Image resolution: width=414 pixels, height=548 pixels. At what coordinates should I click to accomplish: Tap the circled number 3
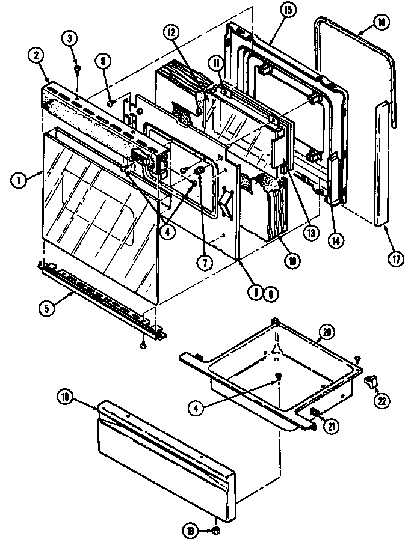click(x=70, y=38)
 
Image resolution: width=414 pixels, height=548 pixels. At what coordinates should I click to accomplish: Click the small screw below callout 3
click(x=77, y=68)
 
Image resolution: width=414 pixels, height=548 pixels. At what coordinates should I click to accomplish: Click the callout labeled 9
click(x=103, y=61)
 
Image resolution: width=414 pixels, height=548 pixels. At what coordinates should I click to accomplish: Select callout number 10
click(x=292, y=260)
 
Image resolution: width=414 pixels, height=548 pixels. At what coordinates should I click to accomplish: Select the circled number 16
click(x=380, y=22)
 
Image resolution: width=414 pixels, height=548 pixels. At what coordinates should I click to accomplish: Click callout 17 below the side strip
click(x=396, y=259)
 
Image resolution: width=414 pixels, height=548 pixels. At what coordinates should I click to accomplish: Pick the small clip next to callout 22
click(x=369, y=379)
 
